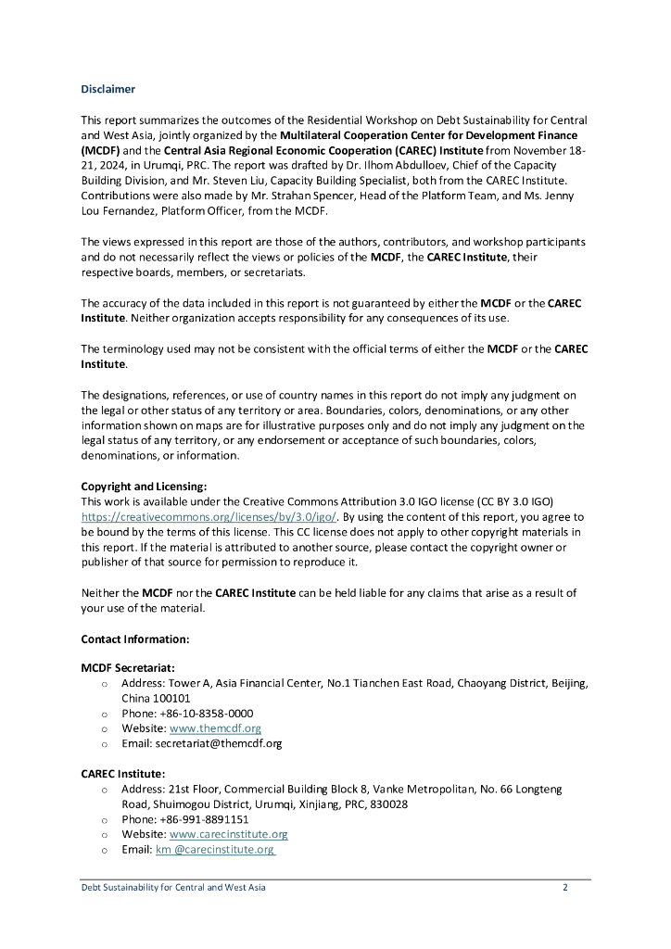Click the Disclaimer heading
(x=108, y=89)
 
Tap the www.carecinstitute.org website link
(x=229, y=834)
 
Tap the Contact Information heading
(x=135, y=639)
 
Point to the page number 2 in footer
(x=565, y=888)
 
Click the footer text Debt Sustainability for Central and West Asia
(x=173, y=888)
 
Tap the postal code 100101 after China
(x=172, y=699)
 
